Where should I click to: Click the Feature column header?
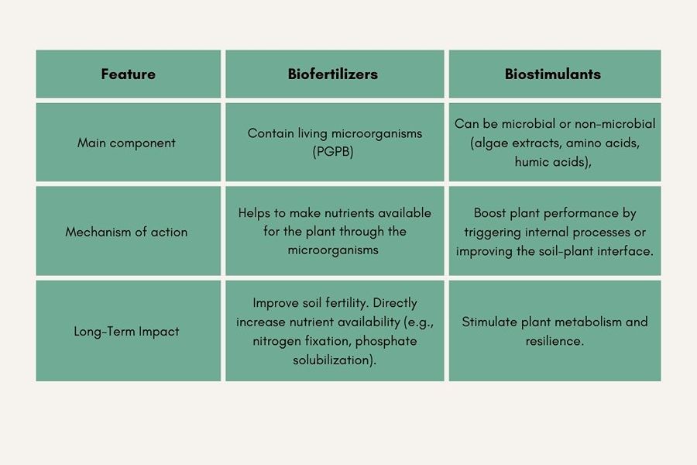coord(128,74)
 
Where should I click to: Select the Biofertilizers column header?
coord(333,74)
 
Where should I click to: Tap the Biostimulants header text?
coord(552,74)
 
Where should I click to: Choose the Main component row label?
coord(126,143)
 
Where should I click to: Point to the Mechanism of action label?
coord(126,232)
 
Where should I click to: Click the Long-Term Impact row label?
coord(126,332)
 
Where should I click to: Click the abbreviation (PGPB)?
coord(333,152)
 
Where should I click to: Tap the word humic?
coord(532,161)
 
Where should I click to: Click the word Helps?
coord(253,213)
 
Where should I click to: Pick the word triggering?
coord(493,232)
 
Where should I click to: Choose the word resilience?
coord(553,341)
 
